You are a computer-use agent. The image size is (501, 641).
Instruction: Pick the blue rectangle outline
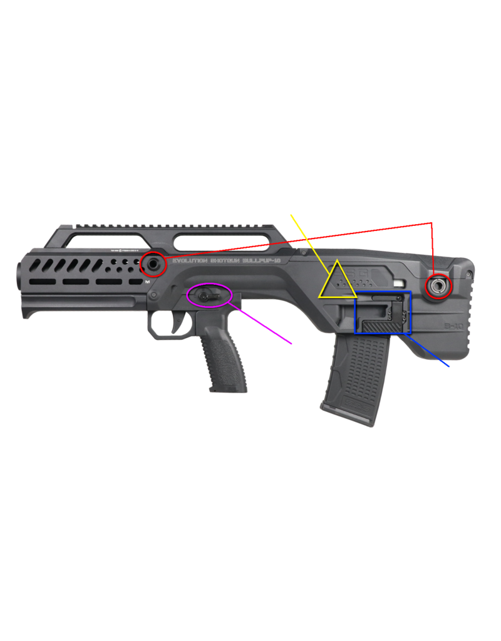(x=383, y=292)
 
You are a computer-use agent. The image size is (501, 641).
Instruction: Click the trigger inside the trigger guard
(x=170, y=322)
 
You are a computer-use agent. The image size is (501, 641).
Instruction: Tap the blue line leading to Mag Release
(x=432, y=356)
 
